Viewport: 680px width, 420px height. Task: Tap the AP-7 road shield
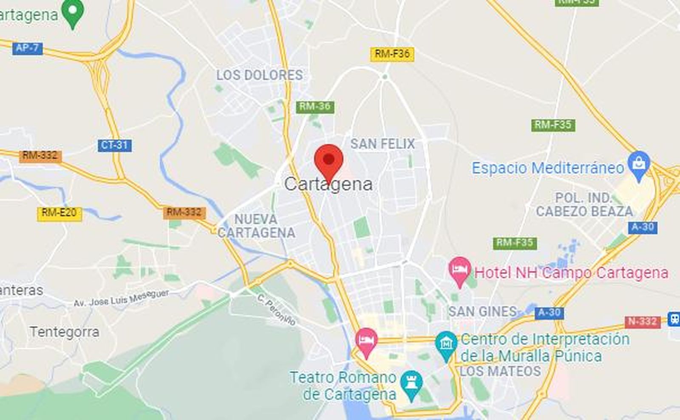coord(27,48)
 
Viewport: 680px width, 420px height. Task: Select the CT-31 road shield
coord(115,145)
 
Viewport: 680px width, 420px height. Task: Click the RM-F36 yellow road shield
coord(392,54)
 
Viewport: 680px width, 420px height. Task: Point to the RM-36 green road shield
coord(314,107)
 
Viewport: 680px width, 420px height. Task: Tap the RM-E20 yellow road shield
coord(59,213)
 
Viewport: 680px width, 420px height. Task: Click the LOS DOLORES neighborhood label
coord(259,75)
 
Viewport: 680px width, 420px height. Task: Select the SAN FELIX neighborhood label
coord(382,144)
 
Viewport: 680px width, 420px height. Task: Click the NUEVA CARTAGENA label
coord(256,226)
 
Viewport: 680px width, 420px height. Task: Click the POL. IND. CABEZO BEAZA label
coord(584,204)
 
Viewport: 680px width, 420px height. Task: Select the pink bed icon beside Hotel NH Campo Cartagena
coord(459,270)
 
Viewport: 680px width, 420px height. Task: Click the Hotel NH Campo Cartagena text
coord(571,273)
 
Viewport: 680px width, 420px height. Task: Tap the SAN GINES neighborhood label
coord(482,312)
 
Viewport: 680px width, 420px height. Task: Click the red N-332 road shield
coord(642,322)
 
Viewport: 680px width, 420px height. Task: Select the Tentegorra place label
coord(65,332)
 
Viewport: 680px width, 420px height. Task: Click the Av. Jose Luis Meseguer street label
coord(121,298)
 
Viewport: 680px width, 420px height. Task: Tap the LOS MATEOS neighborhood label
coord(500,371)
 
